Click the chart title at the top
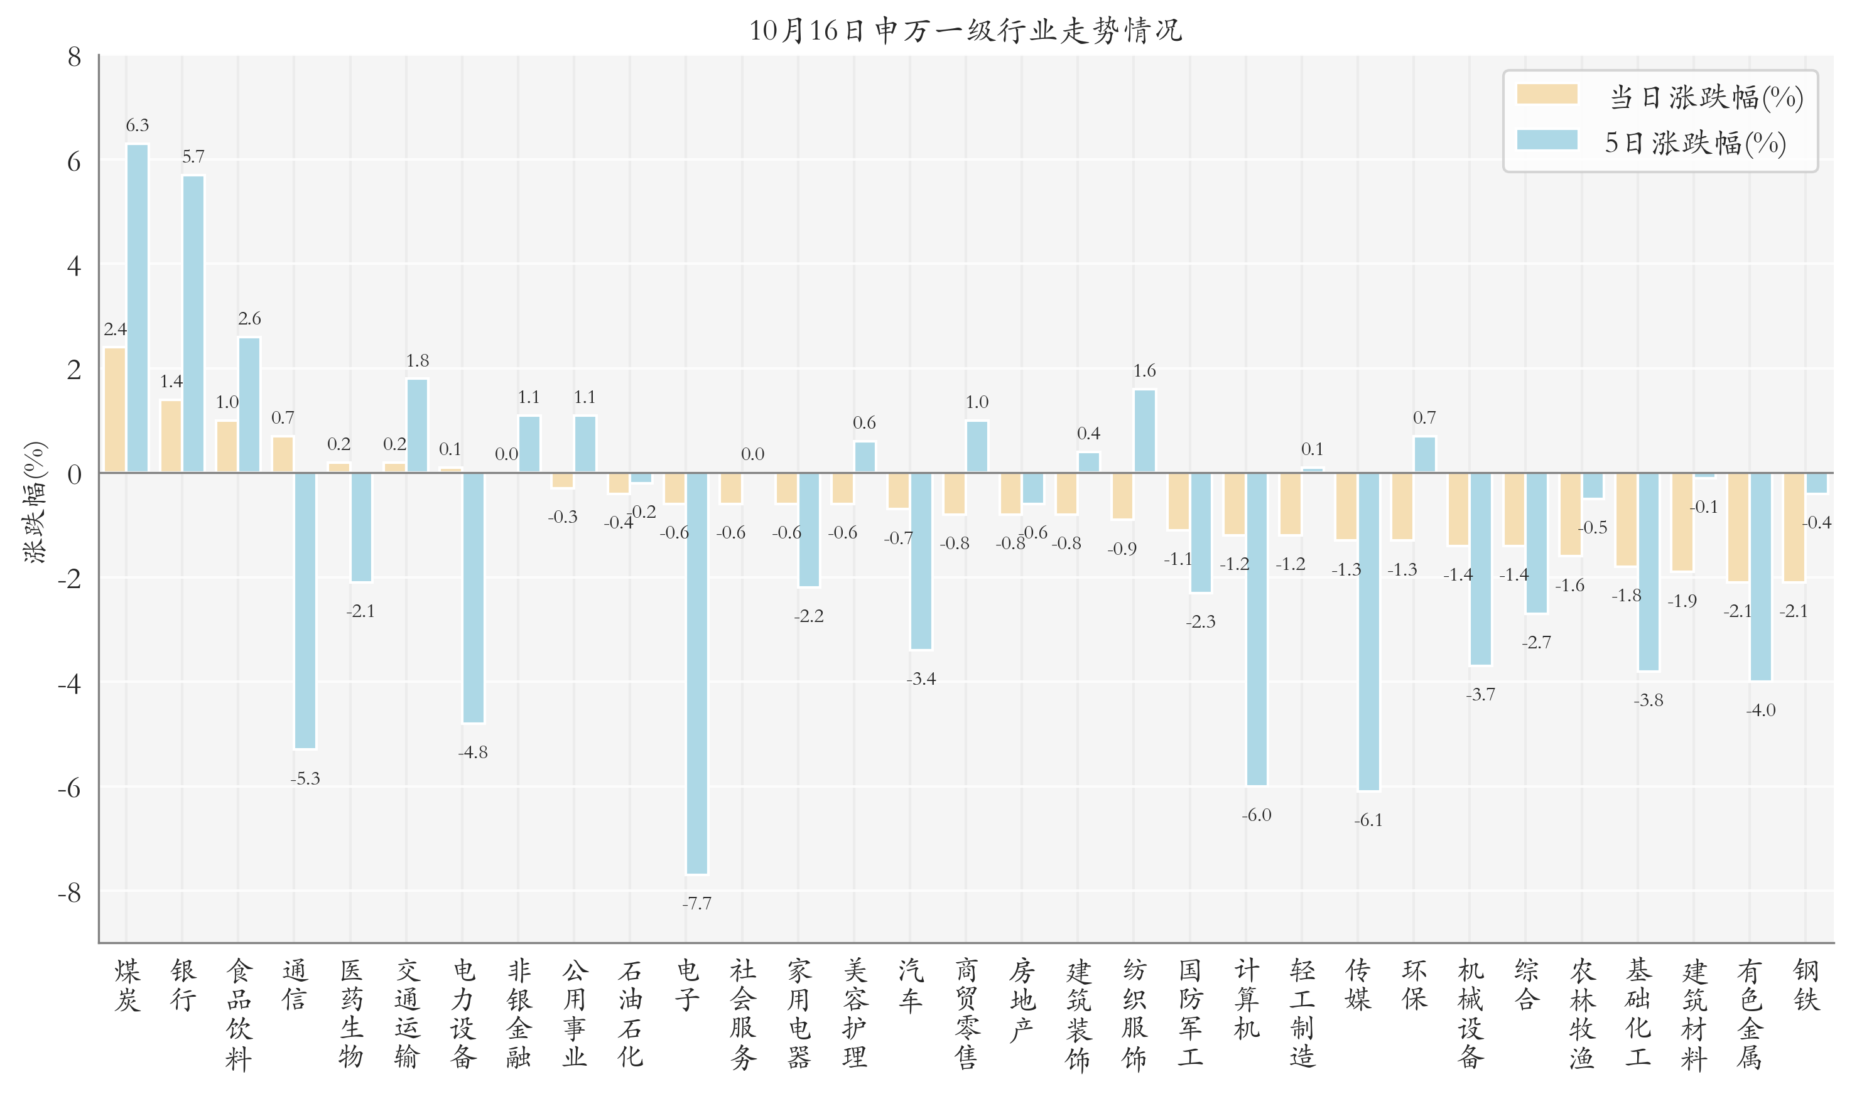965,31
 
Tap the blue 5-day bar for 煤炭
137,308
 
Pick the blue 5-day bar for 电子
696,673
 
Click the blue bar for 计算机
1256,629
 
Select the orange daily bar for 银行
171,436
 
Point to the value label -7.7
696,903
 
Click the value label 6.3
137,126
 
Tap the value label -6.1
1368,820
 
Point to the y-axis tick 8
73,58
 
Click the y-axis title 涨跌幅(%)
35,503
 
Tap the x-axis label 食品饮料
238,1014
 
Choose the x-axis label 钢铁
1806,985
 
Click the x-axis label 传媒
1358,985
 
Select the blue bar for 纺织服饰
1144,431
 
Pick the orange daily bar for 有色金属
1738,527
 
